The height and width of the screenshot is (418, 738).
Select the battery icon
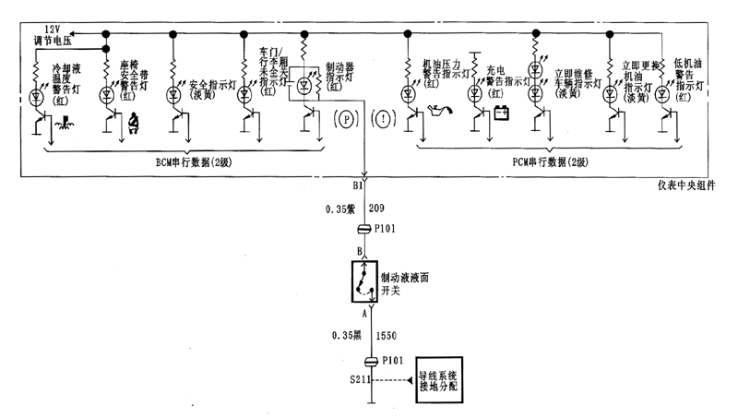coord(502,115)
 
